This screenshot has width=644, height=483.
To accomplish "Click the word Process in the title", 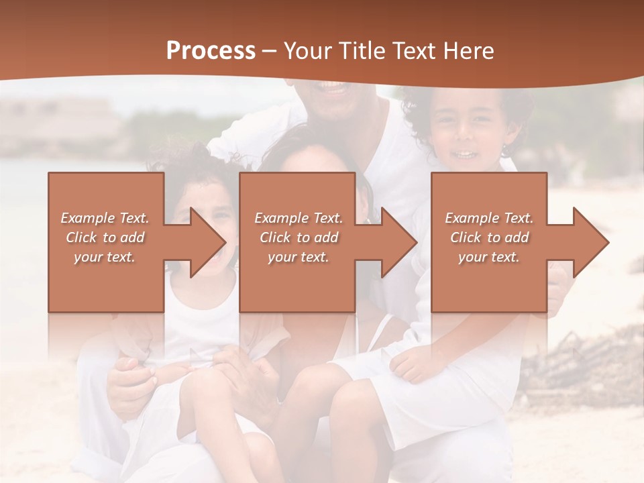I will (211, 51).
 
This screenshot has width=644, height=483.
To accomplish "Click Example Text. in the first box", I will (105, 218).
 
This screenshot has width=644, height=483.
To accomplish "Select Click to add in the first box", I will (105, 237).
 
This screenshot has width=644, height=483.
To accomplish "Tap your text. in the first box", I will (105, 257).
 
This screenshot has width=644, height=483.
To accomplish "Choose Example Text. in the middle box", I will (299, 218).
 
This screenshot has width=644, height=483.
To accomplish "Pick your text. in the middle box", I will (299, 257).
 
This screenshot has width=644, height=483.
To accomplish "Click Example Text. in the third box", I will (489, 218).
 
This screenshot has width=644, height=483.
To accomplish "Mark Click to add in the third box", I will (489, 237).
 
